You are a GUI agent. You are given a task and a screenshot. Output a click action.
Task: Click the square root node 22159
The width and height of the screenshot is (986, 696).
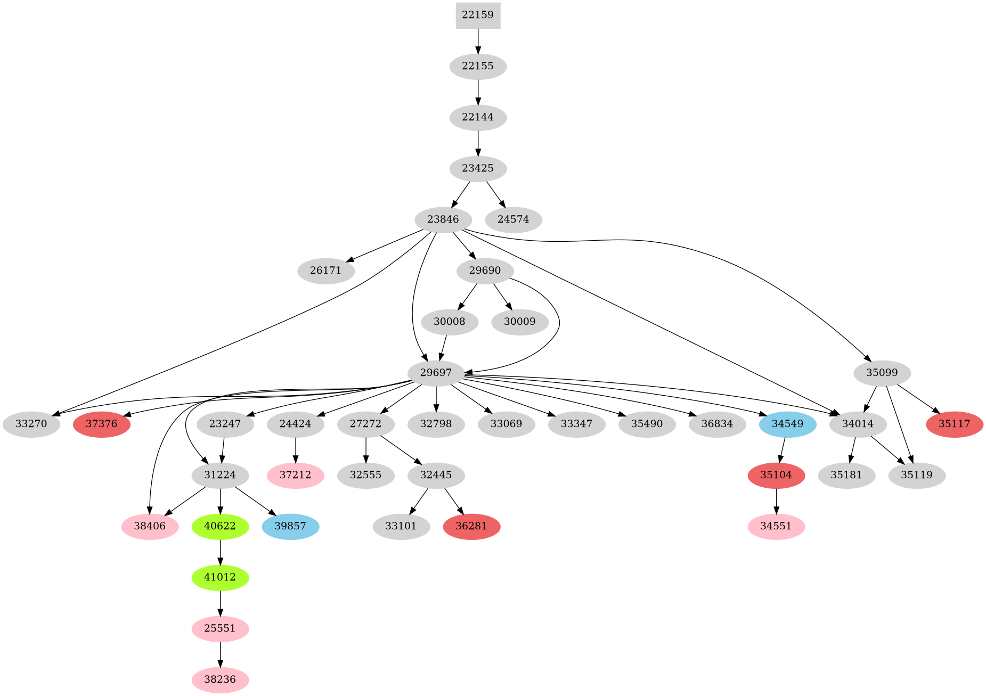pos(478,15)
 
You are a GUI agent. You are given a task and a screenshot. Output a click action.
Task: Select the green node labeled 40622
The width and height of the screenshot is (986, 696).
pos(220,526)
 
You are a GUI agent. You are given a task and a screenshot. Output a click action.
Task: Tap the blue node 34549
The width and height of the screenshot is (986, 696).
pos(787,424)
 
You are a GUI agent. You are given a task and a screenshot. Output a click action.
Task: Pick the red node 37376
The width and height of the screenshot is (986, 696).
pos(101,424)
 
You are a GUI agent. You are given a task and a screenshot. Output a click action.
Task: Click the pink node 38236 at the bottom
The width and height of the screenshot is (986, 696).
pos(220,679)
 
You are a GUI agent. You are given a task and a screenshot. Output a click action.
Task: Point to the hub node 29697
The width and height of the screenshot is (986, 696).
pos(436,373)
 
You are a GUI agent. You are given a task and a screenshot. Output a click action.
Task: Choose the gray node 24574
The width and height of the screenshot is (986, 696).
pos(513,219)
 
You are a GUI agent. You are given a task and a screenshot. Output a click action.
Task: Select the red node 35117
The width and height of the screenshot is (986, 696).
pos(954,424)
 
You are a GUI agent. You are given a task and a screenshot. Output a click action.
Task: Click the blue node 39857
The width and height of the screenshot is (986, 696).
pos(290,526)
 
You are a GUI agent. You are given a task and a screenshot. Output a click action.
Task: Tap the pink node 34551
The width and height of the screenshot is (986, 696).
pos(776,526)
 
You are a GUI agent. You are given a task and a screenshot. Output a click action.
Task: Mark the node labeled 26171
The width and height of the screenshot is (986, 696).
pos(325,271)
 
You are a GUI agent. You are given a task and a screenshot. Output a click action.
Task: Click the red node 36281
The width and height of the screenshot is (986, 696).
pos(471,526)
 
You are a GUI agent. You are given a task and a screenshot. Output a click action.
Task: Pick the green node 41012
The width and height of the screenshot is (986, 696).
pos(220,577)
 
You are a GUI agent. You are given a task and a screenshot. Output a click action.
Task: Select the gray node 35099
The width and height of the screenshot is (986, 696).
pos(882,373)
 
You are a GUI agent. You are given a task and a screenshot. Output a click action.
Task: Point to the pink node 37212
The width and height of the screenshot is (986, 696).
pos(295,475)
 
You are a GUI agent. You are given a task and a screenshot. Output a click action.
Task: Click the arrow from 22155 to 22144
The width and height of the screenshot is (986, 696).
pos(478,92)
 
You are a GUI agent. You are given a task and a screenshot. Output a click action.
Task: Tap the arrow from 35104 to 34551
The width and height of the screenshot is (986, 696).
pos(776,501)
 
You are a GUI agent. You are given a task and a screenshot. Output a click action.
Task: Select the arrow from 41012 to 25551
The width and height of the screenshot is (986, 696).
pos(220,603)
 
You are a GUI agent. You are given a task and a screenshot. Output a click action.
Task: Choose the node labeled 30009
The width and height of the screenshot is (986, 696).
pos(519,322)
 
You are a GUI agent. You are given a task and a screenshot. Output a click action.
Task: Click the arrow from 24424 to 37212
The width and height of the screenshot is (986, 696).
pos(295,449)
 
